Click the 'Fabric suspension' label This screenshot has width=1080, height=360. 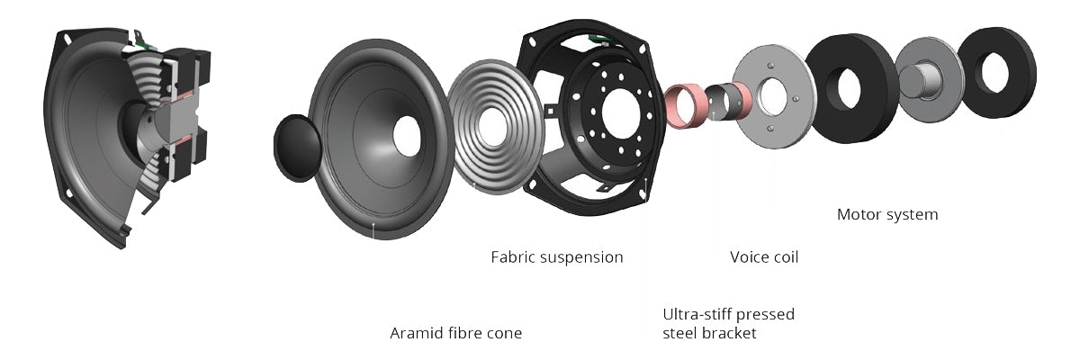[x=556, y=257]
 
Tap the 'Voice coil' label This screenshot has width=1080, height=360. [x=763, y=257]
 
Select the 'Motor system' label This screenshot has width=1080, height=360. [x=886, y=214]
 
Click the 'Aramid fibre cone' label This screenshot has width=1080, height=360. [x=455, y=333]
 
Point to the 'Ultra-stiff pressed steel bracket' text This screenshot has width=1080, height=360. [x=728, y=324]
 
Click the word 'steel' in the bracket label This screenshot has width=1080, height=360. [x=681, y=333]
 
